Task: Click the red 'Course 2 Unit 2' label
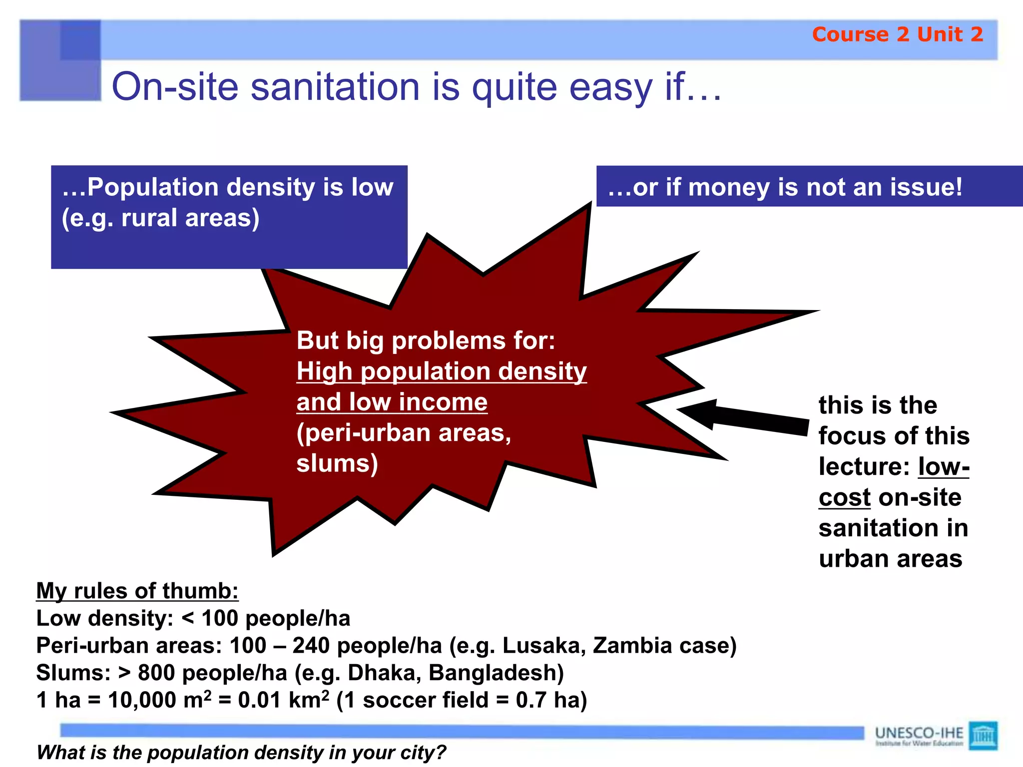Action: [x=897, y=34]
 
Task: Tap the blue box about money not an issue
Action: [x=809, y=187]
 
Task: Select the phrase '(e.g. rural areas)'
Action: [x=160, y=218]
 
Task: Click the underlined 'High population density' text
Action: [x=441, y=372]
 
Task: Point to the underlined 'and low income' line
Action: [x=392, y=402]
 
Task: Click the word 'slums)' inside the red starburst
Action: [x=337, y=463]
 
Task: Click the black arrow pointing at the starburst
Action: [x=744, y=416]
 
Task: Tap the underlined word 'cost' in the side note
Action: [x=844, y=497]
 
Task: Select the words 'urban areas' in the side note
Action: [x=890, y=559]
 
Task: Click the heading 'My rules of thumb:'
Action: [x=137, y=591]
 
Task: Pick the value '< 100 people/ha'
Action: [x=266, y=619]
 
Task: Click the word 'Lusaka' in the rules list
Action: [x=544, y=646]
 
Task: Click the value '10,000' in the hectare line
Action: [x=141, y=700]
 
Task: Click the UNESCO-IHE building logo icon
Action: [x=983, y=735]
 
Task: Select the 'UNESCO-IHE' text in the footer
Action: [x=919, y=733]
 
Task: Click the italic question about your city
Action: [x=241, y=753]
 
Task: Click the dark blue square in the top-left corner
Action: [x=80, y=40]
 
